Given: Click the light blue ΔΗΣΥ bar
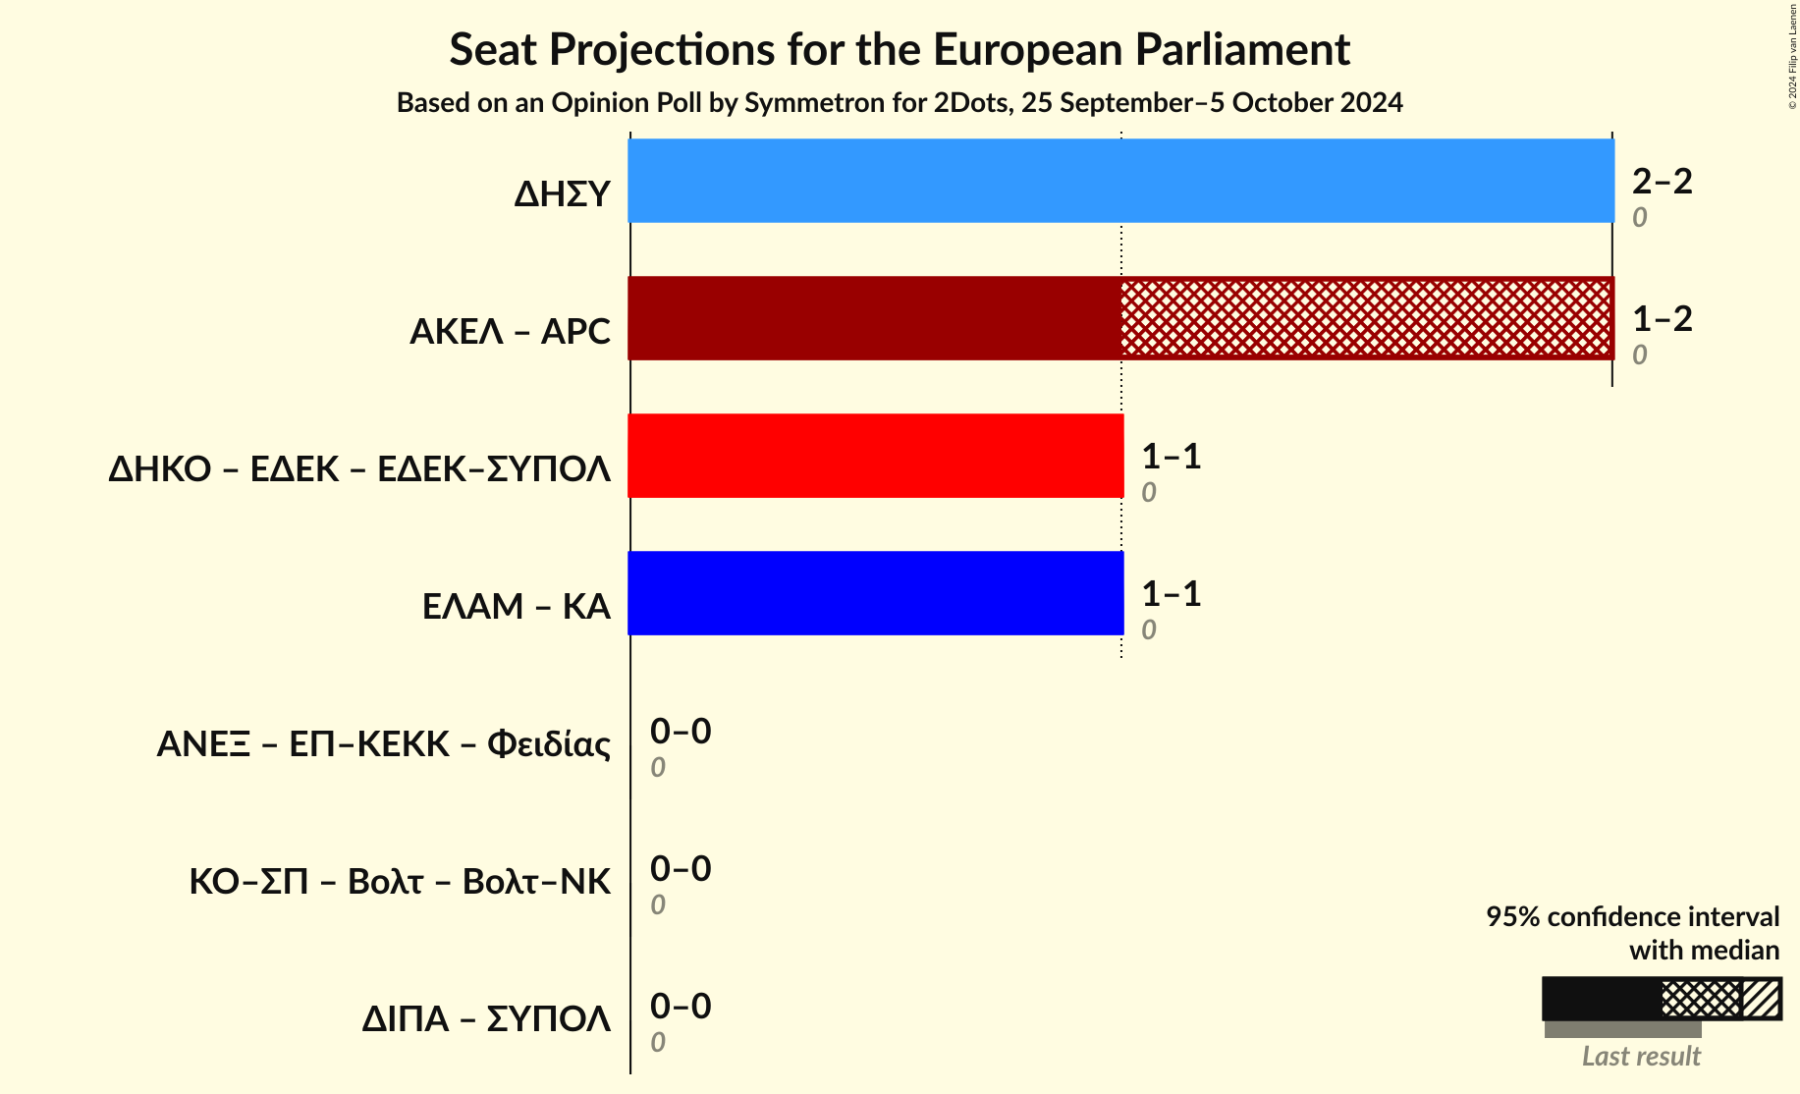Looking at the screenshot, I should click(x=1120, y=181).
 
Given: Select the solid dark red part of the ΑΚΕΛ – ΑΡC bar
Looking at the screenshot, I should click(x=874, y=318).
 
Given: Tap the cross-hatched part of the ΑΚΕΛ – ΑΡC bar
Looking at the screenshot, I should click(x=1366, y=318).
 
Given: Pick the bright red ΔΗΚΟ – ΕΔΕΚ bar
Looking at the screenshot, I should click(x=875, y=456).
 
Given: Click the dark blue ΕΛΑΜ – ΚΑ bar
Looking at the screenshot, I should click(x=875, y=593).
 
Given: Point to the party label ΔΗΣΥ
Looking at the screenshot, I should click(x=562, y=194).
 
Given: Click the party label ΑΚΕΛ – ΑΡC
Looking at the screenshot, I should click(x=510, y=332).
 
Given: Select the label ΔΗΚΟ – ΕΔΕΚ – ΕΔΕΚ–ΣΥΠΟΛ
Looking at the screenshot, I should click(x=359, y=469).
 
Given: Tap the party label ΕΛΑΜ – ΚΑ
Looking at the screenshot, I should click(x=516, y=607).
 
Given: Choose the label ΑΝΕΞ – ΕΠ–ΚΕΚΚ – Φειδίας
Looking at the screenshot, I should click(x=384, y=744).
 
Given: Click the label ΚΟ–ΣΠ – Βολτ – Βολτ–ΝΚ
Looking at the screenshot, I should click(x=400, y=882).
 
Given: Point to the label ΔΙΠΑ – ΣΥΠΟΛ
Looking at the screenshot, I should click(x=486, y=1019).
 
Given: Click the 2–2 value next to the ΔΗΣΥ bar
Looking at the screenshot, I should click(x=1662, y=182).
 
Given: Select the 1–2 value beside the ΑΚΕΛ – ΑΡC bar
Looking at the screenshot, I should click(x=1662, y=319).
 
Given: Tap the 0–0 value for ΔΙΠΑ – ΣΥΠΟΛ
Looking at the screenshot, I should click(x=681, y=1007).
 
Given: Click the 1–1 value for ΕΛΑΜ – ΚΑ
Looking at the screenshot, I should click(x=1171, y=594).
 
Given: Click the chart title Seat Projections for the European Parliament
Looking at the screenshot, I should click(x=900, y=49).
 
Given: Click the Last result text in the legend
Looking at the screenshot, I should click(x=1641, y=1057).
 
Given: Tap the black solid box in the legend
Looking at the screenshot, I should click(x=1601, y=999).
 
